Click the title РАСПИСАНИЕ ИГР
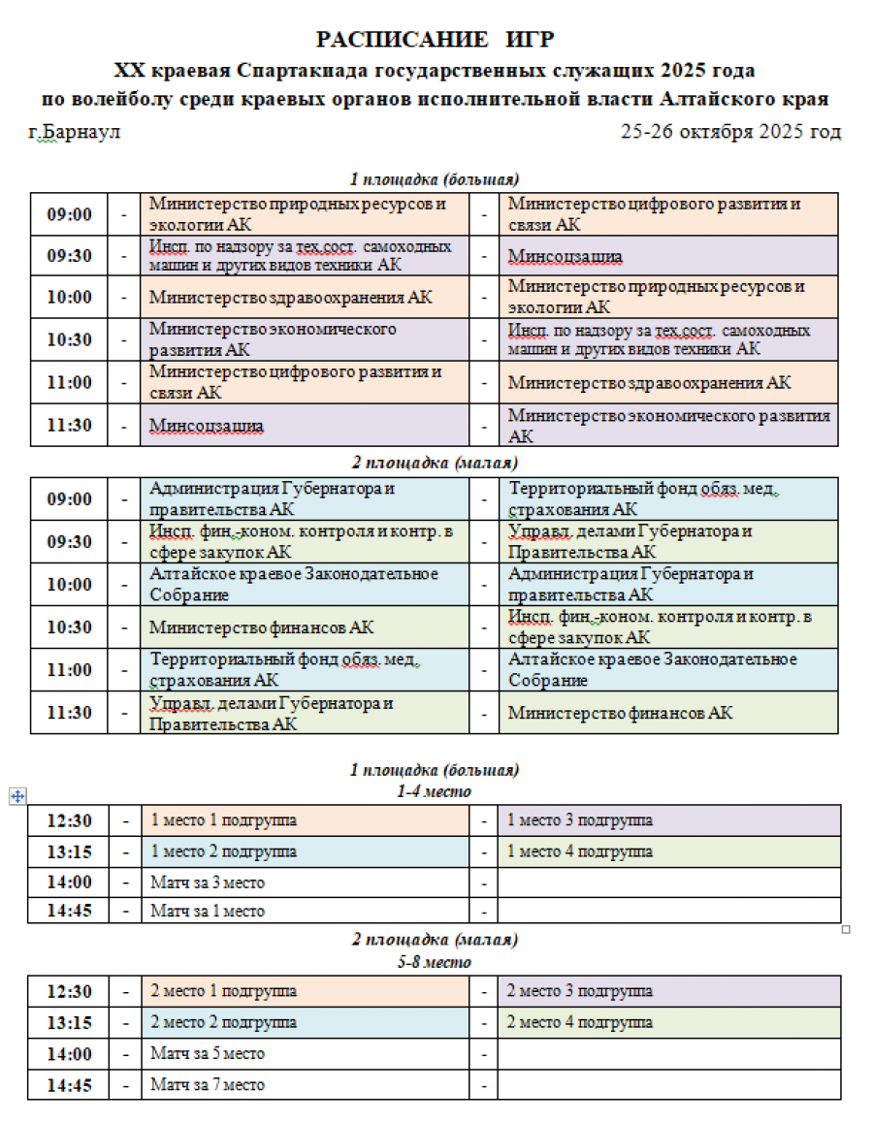[x=436, y=40]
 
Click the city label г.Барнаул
[x=75, y=132]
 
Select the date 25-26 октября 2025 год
[x=730, y=132]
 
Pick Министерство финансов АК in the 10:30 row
[x=262, y=627]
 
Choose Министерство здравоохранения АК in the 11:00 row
[x=649, y=383]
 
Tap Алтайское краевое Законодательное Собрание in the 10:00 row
[x=294, y=585]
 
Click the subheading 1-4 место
[x=435, y=791]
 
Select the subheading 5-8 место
[x=435, y=962]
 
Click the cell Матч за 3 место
[x=208, y=882]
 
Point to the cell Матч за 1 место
[x=208, y=912]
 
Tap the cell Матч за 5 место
[x=208, y=1053]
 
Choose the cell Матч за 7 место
[x=208, y=1085]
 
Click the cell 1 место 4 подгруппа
[x=580, y=851]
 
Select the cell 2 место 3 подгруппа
[x=580, y=991]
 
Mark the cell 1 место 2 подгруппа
[x=224, y=851]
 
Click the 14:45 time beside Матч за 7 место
[x=69, y=1085]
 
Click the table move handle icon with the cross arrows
[x=16, y=796]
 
